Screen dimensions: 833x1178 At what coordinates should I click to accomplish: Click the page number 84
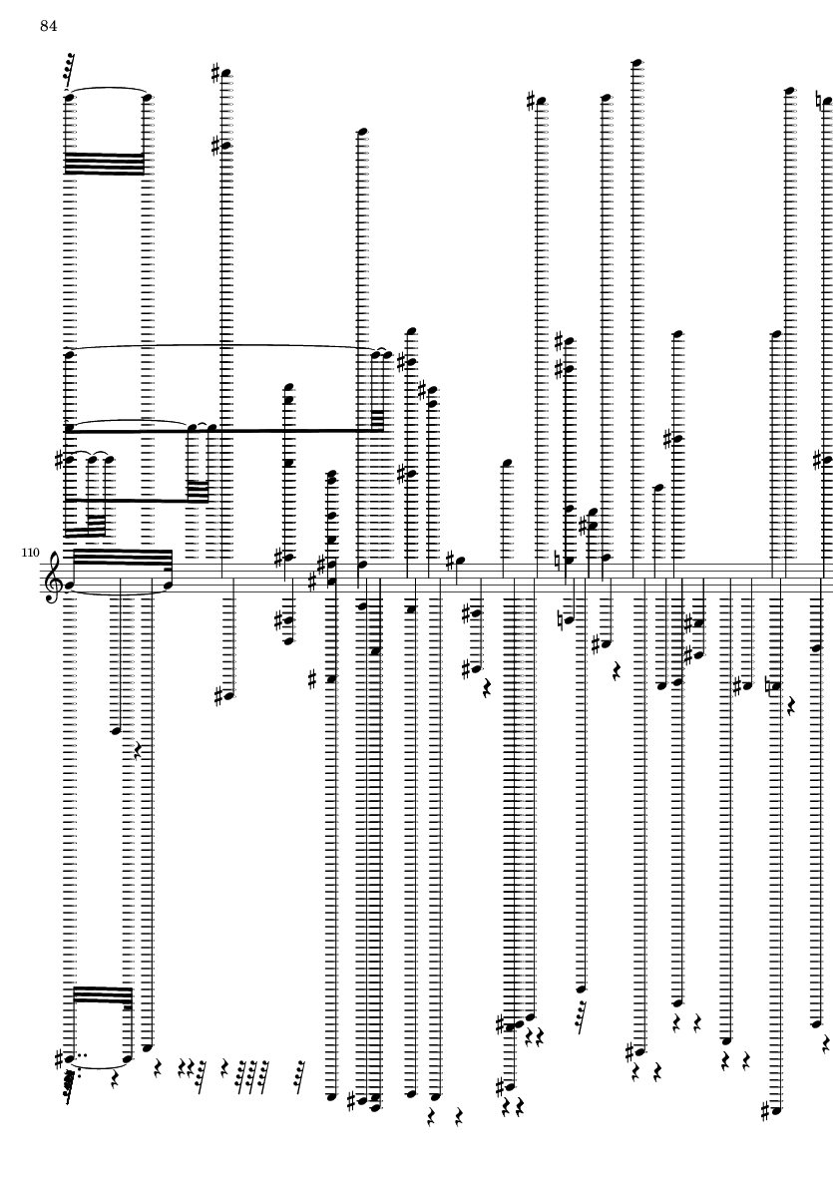point(49,27)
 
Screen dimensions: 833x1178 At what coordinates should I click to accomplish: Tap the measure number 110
point(30,553)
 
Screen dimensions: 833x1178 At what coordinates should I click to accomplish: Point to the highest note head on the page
point(636,63)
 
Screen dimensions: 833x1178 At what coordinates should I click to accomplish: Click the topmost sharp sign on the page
point(215,73)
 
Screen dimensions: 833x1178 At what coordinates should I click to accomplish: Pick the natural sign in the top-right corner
point(819,99)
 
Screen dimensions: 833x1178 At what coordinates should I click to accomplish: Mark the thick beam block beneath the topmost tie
point(104,164)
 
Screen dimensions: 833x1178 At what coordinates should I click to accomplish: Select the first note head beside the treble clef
point(69,584)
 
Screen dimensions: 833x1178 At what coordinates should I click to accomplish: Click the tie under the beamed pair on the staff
point(118,592)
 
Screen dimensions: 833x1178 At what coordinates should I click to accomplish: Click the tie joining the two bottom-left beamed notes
point(99,1065)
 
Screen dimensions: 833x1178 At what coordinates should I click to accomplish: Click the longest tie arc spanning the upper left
point(222,347)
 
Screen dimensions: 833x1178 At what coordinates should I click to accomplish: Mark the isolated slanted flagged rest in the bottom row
point(300,1076)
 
